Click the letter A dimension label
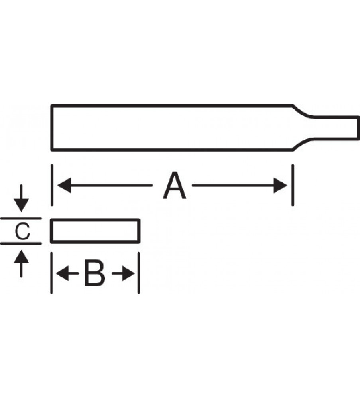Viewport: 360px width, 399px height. [175, 186]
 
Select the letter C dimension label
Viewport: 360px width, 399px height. [23, 231]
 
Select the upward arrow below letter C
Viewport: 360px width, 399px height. [22, 257]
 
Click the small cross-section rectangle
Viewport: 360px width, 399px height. [95, 231]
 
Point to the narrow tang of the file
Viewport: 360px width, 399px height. [337, 128]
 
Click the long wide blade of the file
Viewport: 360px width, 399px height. [171, 128]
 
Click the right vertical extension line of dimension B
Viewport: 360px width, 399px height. [138, 273]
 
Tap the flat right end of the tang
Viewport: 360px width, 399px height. [359, 128]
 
